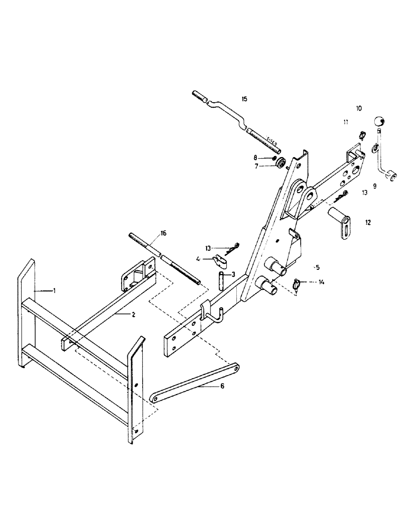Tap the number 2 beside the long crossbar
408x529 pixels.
134,314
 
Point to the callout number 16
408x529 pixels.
163,233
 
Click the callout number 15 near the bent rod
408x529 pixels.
244,99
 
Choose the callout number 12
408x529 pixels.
368,223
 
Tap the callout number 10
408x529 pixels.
359,108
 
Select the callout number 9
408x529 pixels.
374,186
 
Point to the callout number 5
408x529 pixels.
317,267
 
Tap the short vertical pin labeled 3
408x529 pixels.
222,279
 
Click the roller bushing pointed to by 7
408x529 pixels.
281,163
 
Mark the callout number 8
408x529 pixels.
256,157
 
